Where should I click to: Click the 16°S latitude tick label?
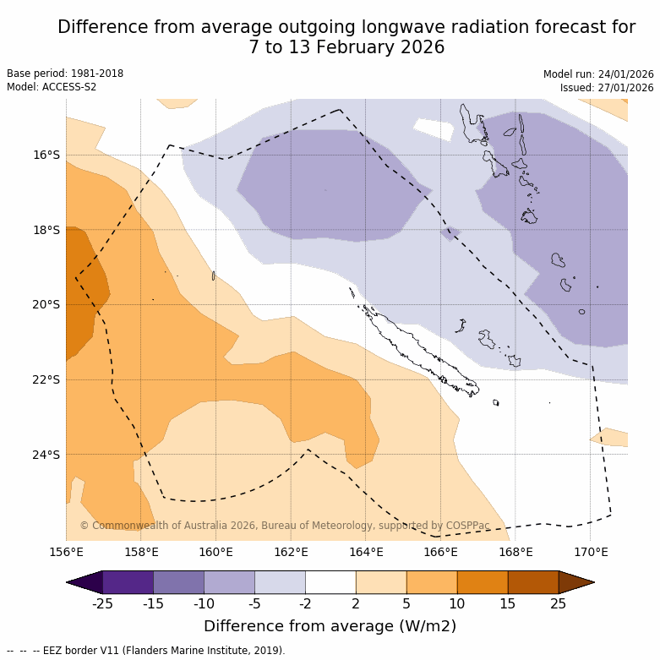pos(46,155)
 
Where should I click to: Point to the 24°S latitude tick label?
pos(46,455)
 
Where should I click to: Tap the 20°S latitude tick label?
pos(46,304)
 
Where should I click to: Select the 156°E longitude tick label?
pos(66,553)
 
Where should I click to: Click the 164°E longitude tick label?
pos(366,553)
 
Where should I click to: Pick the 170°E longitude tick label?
pos(591,553)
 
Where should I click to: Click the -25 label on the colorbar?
pos(102,603)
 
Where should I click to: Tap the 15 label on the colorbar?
pos(508,603)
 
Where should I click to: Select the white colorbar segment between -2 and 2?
pos(330,582)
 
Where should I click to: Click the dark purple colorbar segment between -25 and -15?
pos(128,582)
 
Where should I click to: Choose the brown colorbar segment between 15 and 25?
pos(533,582)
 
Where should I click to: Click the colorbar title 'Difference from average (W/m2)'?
pos(330,626)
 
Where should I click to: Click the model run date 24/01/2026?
pos(624,74)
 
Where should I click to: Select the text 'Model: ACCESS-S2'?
pos(52,87)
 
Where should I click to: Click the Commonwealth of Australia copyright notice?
pos(285,526)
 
